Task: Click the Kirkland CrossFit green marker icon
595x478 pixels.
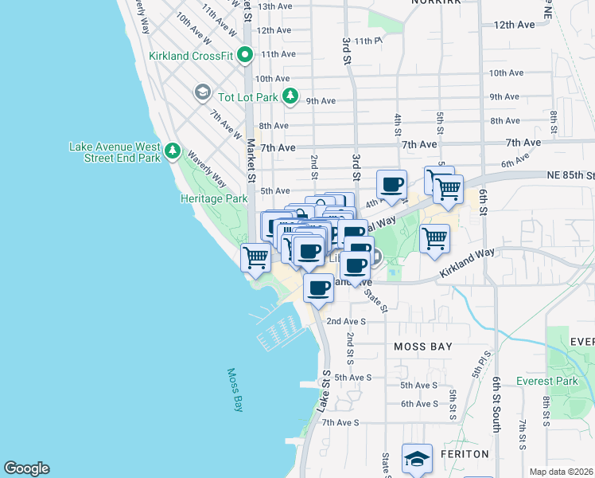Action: pos(245,55)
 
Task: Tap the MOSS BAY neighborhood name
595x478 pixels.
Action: pos(423,347)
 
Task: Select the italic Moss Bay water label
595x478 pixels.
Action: pos(235,390)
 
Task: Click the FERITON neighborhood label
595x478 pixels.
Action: pos(465,453)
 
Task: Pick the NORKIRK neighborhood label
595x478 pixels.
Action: pos(437,2)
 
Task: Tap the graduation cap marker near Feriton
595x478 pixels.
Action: pos(417,458)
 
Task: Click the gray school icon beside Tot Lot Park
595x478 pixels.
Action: pos(203,93)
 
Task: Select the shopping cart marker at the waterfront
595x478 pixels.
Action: pos(255,257)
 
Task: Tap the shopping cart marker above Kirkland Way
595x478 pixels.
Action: pos(434,237)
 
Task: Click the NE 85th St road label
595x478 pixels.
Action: pos(570,174)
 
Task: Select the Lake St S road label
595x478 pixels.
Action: pos(324,390)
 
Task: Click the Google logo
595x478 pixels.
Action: pos(26,468)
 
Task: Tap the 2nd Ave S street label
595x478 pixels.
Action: pos(345,321)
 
